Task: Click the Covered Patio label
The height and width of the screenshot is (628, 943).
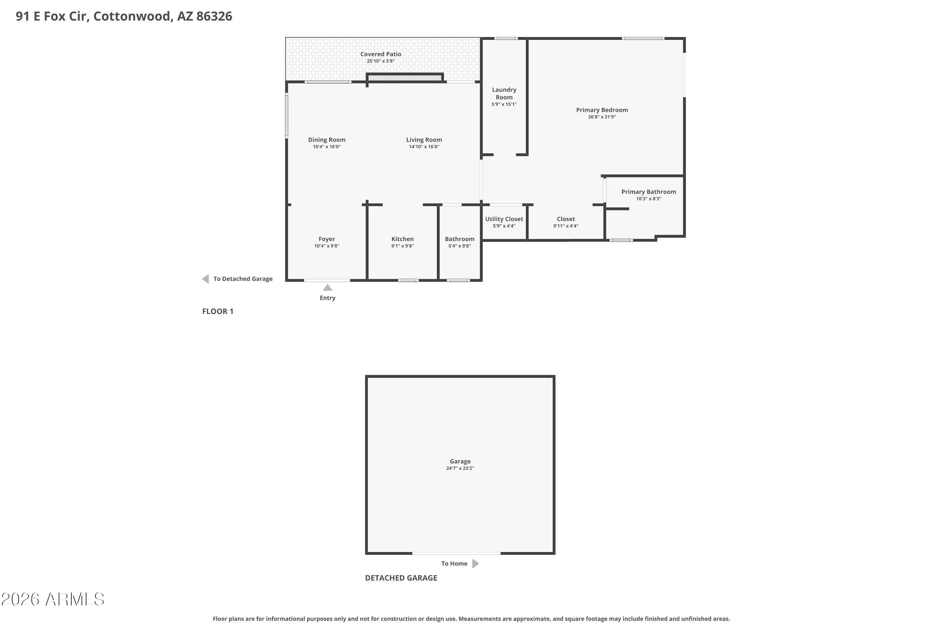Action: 380,54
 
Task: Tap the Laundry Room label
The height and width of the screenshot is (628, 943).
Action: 504,93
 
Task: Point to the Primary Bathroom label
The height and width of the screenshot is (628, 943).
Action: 648,192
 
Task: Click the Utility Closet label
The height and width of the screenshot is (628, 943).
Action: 504,219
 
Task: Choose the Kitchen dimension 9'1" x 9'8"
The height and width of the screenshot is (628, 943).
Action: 403,246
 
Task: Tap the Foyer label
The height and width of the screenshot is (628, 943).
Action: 327,239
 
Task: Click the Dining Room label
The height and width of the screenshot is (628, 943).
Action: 327,140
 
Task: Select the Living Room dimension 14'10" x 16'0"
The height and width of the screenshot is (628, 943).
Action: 424,147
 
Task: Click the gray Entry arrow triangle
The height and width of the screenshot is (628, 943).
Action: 328,288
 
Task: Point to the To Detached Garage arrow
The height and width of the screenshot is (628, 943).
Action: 206,279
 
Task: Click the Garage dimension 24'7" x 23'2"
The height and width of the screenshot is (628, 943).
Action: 460,468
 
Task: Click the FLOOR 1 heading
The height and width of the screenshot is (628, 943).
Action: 218,311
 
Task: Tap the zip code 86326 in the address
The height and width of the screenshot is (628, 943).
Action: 214,16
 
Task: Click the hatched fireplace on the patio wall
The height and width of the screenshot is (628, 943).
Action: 405,77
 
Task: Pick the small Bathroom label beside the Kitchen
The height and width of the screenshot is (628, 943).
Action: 460,239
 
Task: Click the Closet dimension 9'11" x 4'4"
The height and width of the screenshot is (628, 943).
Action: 566,226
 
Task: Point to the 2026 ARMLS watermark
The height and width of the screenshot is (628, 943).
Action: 52,599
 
